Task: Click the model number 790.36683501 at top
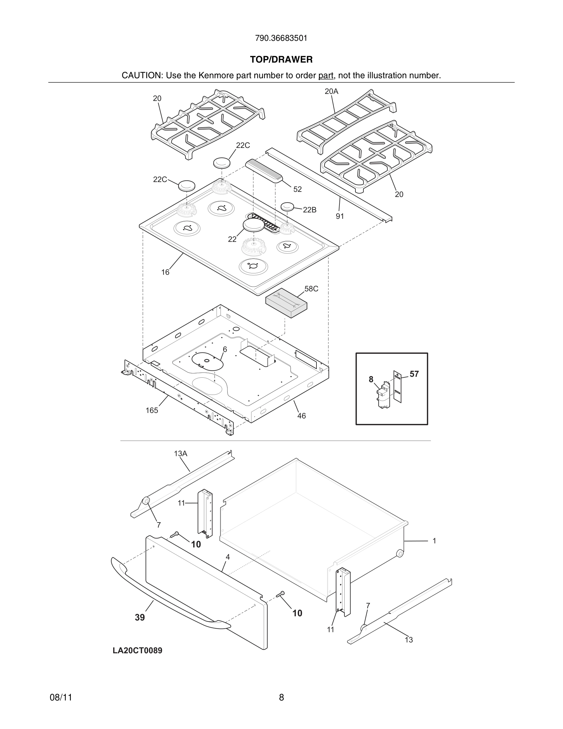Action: coord(281,38)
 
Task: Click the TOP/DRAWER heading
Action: coord(281,60)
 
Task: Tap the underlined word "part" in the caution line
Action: coord(326,76)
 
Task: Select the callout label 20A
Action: coord(331,91)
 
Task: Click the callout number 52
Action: coord(297,189)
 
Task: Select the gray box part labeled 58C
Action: coord(286,303)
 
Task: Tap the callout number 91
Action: coord(339,216)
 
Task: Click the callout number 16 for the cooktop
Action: coord(165,272)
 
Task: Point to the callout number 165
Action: coord(152,411)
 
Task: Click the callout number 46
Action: coord(301,416)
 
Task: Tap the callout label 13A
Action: coord(180,453)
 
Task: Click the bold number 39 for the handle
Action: coord(140,618)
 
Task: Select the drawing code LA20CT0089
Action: coord(137,650)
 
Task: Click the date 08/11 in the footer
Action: coord(61,697)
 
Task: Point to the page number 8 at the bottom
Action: coord(281,697)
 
